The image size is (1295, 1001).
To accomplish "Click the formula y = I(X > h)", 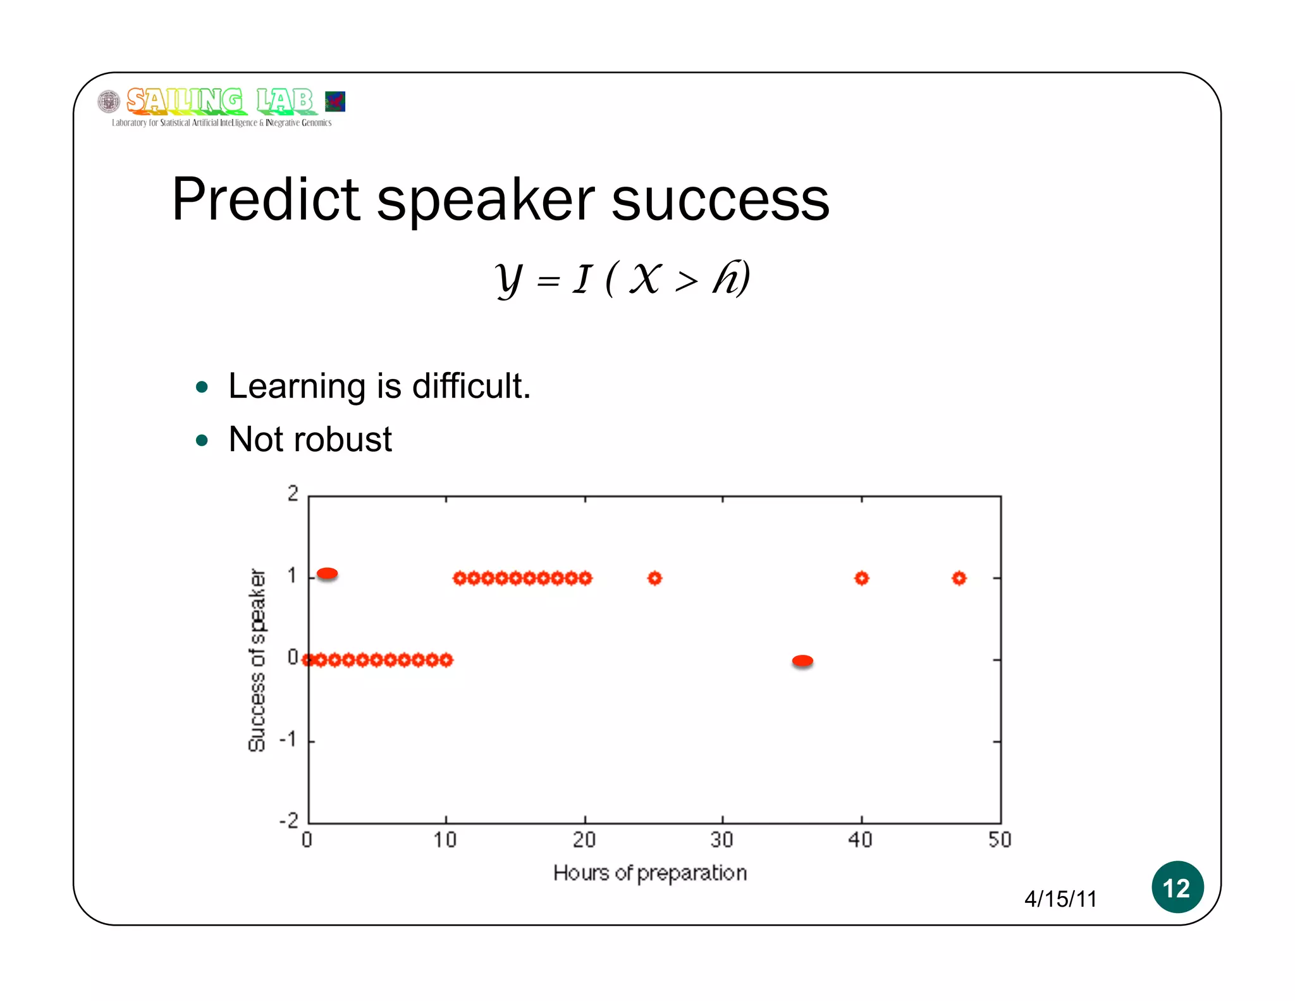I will pos(623,278).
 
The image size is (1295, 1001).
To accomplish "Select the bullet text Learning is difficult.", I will pos(379,386).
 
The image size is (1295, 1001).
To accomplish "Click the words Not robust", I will pos(310,439).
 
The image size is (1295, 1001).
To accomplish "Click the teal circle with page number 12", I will pos(1177,887).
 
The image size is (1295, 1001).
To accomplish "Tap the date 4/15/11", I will pos(1060,898).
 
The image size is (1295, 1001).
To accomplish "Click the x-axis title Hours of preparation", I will pos(649,873).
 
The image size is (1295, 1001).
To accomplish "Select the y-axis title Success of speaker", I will pos(257,659).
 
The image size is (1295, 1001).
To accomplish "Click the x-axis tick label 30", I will pos(721,840).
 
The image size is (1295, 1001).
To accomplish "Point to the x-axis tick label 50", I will pos(1000,840).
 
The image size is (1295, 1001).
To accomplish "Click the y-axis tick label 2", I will pos(293,494).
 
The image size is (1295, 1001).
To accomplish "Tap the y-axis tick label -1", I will pos(288,739).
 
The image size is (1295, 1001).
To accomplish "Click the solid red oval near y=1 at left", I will pos(327,573).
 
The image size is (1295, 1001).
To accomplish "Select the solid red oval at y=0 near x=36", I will pos(802,661).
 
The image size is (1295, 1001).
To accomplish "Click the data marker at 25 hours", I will pos(654,578).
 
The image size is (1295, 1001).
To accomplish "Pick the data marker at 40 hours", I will pos(861,578).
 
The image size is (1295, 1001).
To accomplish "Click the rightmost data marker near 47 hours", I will pos(959,578).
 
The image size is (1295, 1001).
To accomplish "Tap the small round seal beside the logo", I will pos(109,101).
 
